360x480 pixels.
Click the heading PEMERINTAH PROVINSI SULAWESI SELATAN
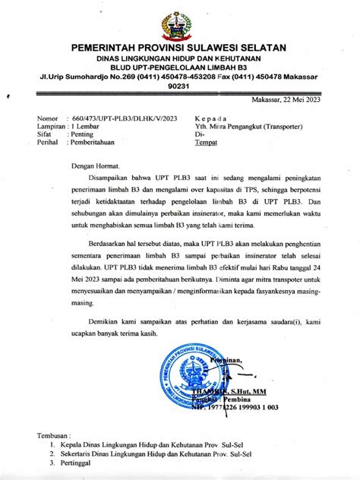coord(179,47)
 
